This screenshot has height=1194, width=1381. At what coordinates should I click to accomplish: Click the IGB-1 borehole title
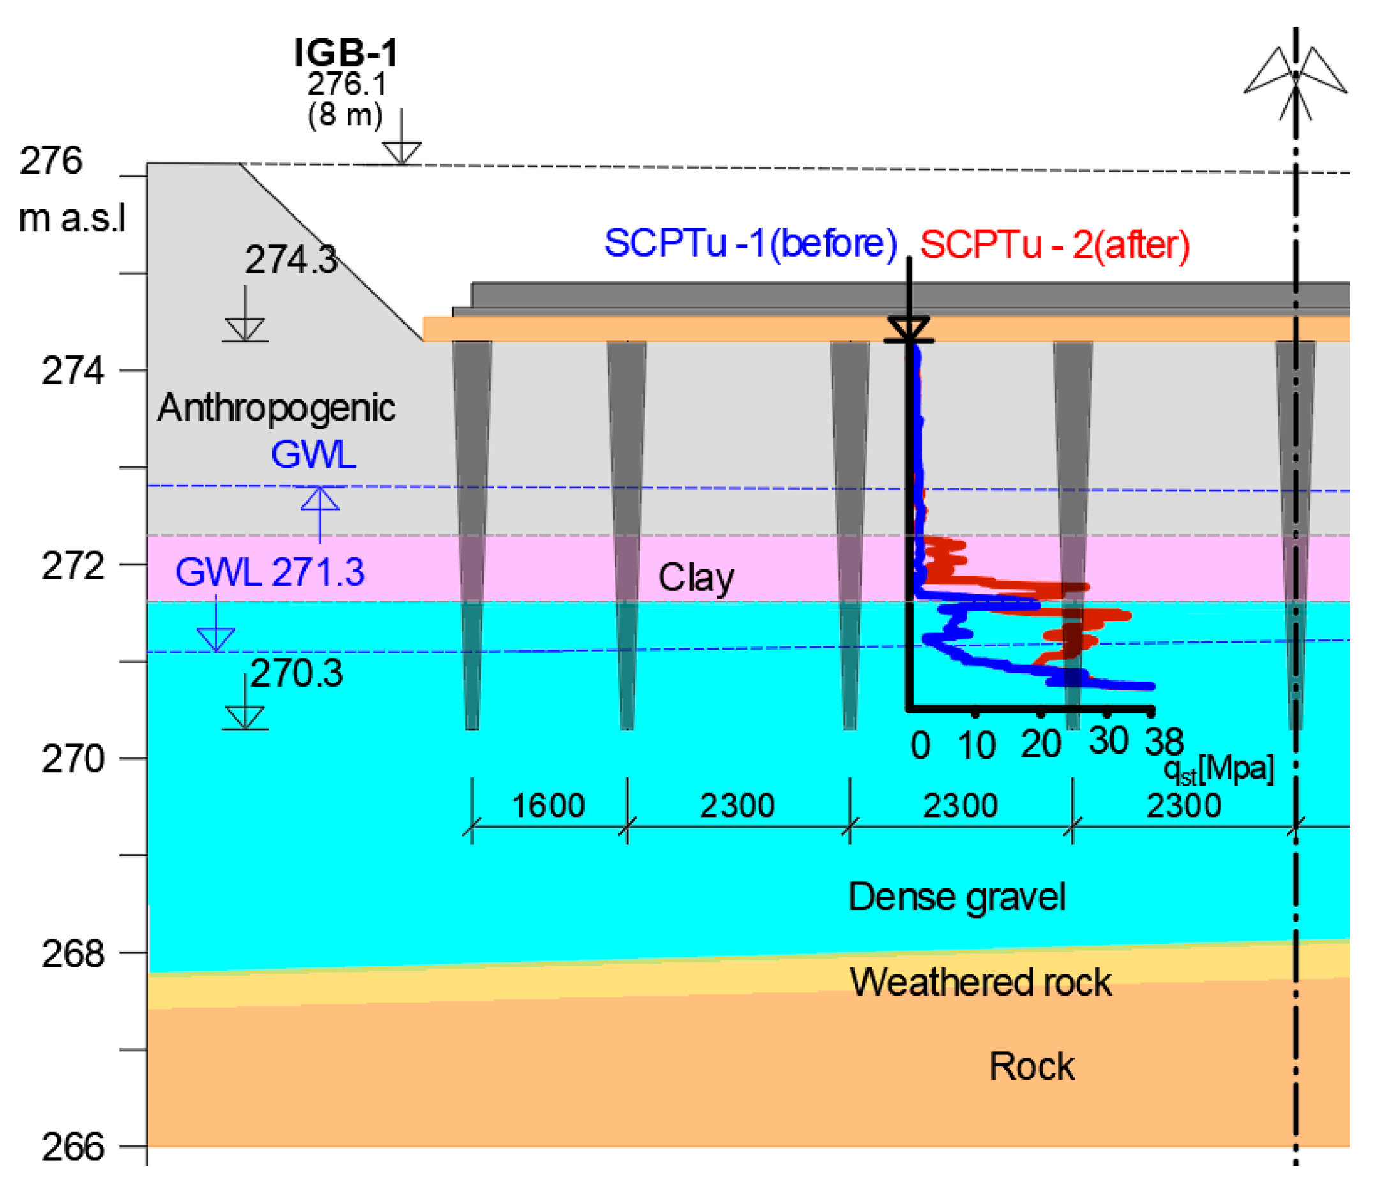click(x=346, y=53)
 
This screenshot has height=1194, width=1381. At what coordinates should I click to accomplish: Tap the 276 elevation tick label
click(x=50, y=161)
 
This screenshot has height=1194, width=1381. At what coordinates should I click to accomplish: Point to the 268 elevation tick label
click(x=73, y=954)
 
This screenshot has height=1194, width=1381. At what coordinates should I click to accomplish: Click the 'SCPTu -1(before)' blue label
click(x=750, y=243)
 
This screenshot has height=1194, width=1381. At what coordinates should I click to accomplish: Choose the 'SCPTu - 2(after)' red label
click(x=1054, y=244)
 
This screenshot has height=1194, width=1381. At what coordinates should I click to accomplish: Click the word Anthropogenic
click(x=276, y=408)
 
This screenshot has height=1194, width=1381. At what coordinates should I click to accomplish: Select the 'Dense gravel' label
click(x=957, y=897)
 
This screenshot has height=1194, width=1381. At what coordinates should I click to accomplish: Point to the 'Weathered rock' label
click(x=980, y=982)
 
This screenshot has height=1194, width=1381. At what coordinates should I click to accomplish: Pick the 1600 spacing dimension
click(x=548, y=805)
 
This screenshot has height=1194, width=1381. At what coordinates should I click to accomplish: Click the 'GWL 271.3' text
click(x=270, y=572)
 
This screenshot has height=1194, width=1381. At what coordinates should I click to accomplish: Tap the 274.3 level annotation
click(x=290, y=259)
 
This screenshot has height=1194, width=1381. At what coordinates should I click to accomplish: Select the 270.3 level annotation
click(x=297, y=673)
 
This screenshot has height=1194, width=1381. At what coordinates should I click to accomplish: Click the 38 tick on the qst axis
click(x=1164, y=742)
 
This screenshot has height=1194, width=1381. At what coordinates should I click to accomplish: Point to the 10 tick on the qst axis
click(x=976, y=745)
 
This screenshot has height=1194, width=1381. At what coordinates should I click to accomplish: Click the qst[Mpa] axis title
click(x=1218, y=770)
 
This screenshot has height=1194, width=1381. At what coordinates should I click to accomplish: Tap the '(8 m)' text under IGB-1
click(x=345, y=115)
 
